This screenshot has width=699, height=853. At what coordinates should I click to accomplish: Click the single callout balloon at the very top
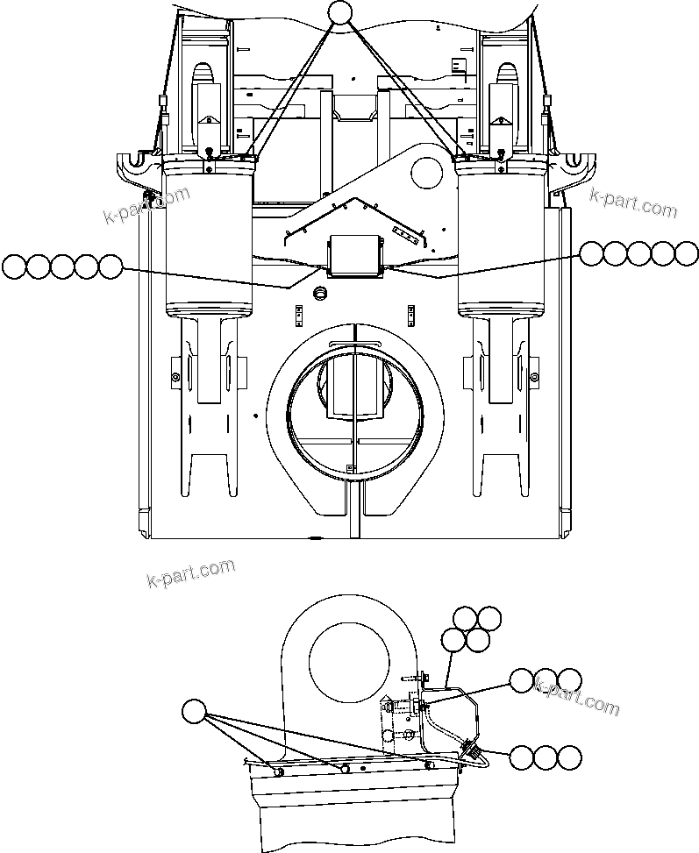pyautogui.click(x=339, y=13)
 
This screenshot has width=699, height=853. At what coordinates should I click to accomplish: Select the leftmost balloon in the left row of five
pyautogui.click(x=14, y=266)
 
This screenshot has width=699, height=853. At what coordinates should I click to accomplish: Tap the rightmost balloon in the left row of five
pyautogui.click(x=110, y=266)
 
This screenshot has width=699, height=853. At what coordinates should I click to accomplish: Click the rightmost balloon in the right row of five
pyautogui.click(x=687, y=253)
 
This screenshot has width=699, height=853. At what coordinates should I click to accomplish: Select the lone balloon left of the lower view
pyautogui.click(x=195, y=712)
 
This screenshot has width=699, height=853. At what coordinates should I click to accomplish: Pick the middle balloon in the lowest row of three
pyautogui.click(x=546, y=758)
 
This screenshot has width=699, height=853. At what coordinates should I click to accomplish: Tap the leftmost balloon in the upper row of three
pyautogui.click(x=523, y=680)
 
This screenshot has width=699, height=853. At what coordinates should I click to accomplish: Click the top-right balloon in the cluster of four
pyautogui.click(x=489, y=618)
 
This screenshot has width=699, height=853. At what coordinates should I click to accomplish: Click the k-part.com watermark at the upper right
pyautogui.click(x=633, y=207)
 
